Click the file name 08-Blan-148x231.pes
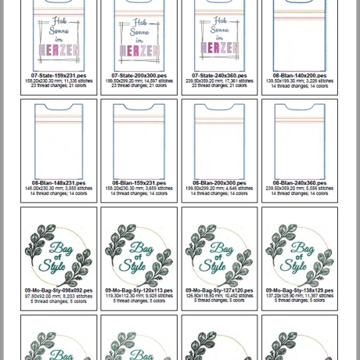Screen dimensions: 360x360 (x=59, y=183)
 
